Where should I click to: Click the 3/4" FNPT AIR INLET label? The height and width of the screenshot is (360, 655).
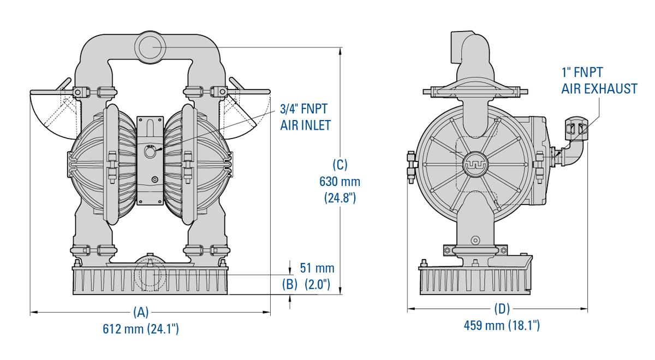tap(305, 117)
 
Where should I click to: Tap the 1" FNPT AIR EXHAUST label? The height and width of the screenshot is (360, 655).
tap(599, 80)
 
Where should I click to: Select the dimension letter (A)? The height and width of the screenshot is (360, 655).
tap(141, 312)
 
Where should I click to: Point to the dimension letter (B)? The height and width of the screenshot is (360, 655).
tap(289, 284)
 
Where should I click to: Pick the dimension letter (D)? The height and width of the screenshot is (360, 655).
tap(502, 309)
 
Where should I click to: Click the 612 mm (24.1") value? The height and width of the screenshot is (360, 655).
tap(141, 329)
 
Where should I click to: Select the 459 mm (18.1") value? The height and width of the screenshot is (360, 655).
tap(502, 326)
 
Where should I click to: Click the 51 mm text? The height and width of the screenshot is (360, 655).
tap(317, 268)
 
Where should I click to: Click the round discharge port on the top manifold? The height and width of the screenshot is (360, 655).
tap(151, 48)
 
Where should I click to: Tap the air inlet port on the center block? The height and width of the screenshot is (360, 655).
tap(150, 153)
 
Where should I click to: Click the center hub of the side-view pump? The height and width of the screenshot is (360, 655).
tap(474, 163)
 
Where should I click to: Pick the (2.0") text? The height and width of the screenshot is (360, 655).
tap(317, 284)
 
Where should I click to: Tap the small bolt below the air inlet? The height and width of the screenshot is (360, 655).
tap(155, 179)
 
